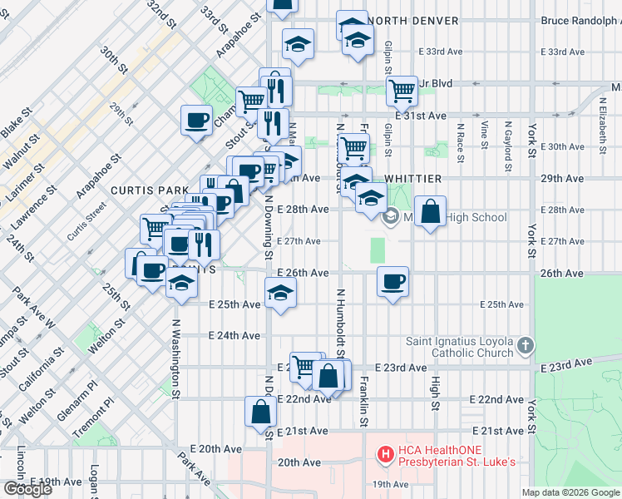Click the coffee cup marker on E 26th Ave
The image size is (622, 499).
(x=392, y=280)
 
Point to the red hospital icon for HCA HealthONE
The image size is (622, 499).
(x=386, y=454)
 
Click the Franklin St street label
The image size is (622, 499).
(x=363, y=403)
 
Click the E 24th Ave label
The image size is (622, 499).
(x=234, y=336)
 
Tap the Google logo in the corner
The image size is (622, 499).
(x=27, y=489)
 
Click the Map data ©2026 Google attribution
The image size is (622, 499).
(x=570, y=492)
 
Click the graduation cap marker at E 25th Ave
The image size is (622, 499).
(x=281, y=294)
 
